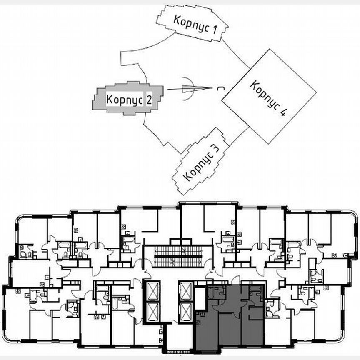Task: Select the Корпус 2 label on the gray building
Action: point(128,100)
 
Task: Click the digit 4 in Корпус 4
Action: point(284,113)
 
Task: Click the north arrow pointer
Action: point(192,88)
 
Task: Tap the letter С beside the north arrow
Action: point(218,88)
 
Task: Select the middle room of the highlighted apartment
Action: point(230,329)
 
